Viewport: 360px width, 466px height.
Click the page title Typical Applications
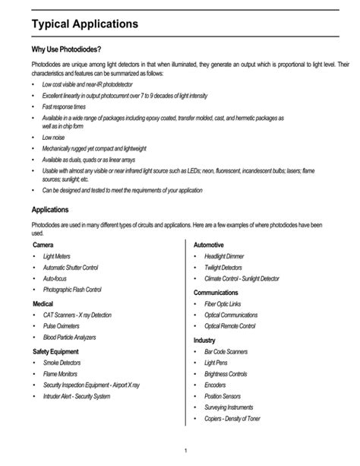[84, 24]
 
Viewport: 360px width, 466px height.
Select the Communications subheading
[220, 292]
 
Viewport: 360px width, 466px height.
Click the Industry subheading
[205, 340]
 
